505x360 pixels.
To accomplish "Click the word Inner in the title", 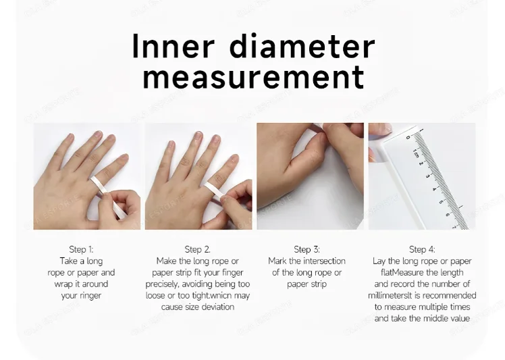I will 173,47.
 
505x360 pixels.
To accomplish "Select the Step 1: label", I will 81,249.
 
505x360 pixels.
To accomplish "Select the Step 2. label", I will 197,249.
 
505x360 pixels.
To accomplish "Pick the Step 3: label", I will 307,249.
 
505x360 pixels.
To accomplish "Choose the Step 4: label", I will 422,249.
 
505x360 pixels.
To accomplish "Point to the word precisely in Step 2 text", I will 165,284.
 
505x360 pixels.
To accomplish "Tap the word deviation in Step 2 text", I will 217,307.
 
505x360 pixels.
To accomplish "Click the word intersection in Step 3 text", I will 323,261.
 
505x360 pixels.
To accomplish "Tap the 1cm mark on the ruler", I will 416,155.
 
